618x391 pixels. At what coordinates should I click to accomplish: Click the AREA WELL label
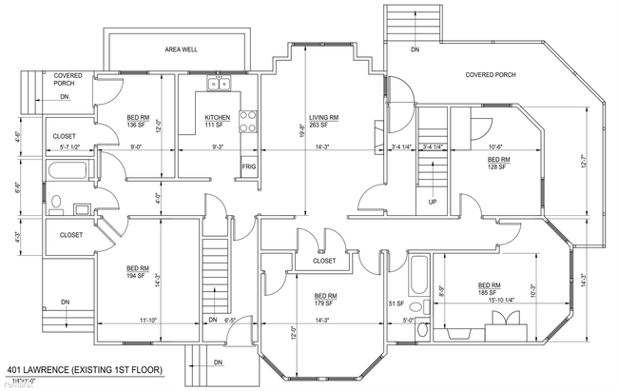point(180,49)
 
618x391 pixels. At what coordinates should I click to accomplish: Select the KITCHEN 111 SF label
point(218,122)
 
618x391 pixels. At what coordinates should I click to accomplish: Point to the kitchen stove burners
point(249,122)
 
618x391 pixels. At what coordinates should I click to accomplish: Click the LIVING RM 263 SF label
point(323,122)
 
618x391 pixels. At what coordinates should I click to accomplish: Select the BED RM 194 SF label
point(138,272)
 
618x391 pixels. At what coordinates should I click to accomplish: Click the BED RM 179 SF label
point(327,299)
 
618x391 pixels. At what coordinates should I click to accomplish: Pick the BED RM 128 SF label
point(498,164)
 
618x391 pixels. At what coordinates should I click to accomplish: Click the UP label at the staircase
point(433,203)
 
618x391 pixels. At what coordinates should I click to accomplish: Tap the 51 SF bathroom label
point(396,303)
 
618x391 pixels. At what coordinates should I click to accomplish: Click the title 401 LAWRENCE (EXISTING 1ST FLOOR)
point(85,369)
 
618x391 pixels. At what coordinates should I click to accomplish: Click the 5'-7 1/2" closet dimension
point(74,147)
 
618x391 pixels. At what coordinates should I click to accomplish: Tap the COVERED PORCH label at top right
point(491,75)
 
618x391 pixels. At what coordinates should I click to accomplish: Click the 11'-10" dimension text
point(148,321)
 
